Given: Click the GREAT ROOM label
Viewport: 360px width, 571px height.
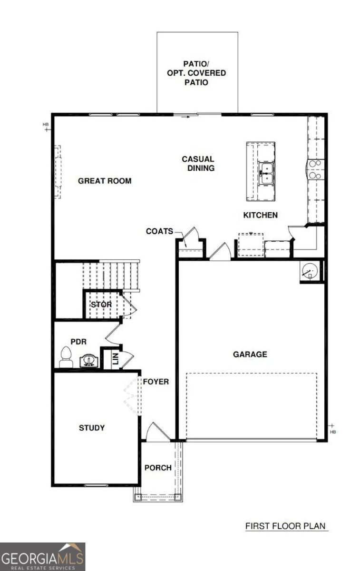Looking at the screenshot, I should pos(105,181).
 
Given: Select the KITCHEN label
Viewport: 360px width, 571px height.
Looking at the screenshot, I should pos(260,215).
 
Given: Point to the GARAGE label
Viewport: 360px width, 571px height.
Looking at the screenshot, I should pos(250,354).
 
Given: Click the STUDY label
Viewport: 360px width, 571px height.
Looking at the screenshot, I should pos(92,428).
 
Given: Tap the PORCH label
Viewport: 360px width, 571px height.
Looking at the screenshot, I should pos(158,468).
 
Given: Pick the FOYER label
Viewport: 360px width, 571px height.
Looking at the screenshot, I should pos(156,382).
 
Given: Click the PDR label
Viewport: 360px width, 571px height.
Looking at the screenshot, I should pos(78,342).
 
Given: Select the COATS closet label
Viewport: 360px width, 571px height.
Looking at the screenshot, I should pos(159,231).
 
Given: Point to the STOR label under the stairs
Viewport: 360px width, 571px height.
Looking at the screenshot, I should pos(101,304).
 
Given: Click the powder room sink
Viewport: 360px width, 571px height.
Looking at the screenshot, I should pos(87,361).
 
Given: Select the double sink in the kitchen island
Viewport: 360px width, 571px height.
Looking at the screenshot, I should pos(266,173).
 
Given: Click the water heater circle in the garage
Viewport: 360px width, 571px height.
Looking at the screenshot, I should pos(309,271).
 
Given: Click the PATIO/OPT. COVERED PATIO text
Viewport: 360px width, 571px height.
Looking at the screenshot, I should pos(196,73).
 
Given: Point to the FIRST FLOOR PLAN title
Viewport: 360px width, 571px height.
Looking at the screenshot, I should pos(286,526).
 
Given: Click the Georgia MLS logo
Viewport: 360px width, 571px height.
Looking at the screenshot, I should pos(42,557).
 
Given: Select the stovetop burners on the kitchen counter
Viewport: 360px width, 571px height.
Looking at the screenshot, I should pos(315,169).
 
